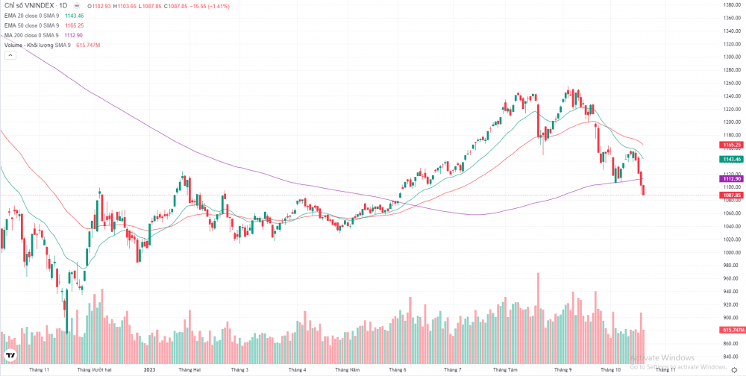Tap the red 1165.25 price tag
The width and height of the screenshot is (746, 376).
click(x=730, y=144)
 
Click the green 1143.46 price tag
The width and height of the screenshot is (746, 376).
click(x=730, y=159)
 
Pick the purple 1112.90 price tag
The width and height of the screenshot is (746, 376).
click(x=730, y=179)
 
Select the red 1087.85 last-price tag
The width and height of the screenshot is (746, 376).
click(x=730, y=195)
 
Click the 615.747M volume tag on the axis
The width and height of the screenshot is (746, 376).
click(x=730, y=330)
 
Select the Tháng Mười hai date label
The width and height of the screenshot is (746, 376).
click(x=95, y=369)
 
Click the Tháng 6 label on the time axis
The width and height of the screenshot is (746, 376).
click(x=398, y=369)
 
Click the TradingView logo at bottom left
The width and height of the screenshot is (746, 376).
click(x=10, y=356)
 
